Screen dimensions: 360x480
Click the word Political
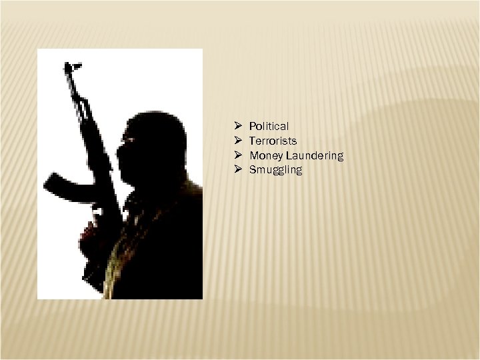tap(269, 126)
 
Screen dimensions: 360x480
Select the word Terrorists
tap(273, 141)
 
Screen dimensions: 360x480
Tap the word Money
tap(264, 155)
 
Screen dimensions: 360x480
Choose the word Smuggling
tap(275, 170)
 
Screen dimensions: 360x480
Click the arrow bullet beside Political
tap(237, 126)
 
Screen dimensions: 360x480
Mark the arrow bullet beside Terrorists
tap(237, 141)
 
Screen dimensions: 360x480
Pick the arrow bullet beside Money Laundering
tap(237, 155)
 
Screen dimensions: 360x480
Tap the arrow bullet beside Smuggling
tap(237, 170)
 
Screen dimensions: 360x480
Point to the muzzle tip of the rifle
tap(69, 66)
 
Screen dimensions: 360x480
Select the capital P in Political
tap(252, 126)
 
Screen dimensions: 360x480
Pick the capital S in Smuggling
tap(253, 170)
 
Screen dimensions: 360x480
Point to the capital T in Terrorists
tap(252, 141)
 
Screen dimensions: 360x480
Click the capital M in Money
tap(253, 155)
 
